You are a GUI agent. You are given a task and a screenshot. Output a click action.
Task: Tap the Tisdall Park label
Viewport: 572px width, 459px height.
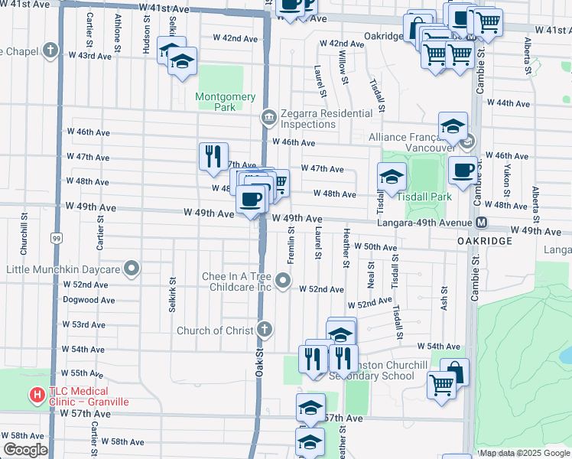424,196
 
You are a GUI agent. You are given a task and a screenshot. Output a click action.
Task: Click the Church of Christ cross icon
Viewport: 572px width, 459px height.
264,330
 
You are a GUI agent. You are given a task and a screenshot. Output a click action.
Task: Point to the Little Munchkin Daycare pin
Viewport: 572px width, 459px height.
132,269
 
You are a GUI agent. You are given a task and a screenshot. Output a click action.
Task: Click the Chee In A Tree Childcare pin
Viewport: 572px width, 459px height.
284,282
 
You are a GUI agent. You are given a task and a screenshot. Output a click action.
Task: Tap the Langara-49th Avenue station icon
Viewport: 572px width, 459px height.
482,223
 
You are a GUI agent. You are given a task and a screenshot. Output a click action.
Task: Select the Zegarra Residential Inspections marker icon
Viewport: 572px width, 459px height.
268,117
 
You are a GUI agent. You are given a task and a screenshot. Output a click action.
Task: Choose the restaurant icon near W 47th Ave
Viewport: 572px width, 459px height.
213,155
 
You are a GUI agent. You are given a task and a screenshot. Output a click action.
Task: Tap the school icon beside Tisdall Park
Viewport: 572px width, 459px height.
392,176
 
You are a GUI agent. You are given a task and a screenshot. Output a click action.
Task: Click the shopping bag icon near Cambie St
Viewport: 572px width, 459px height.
454,372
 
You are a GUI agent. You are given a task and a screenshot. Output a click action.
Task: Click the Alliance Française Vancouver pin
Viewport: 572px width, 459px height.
469,142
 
